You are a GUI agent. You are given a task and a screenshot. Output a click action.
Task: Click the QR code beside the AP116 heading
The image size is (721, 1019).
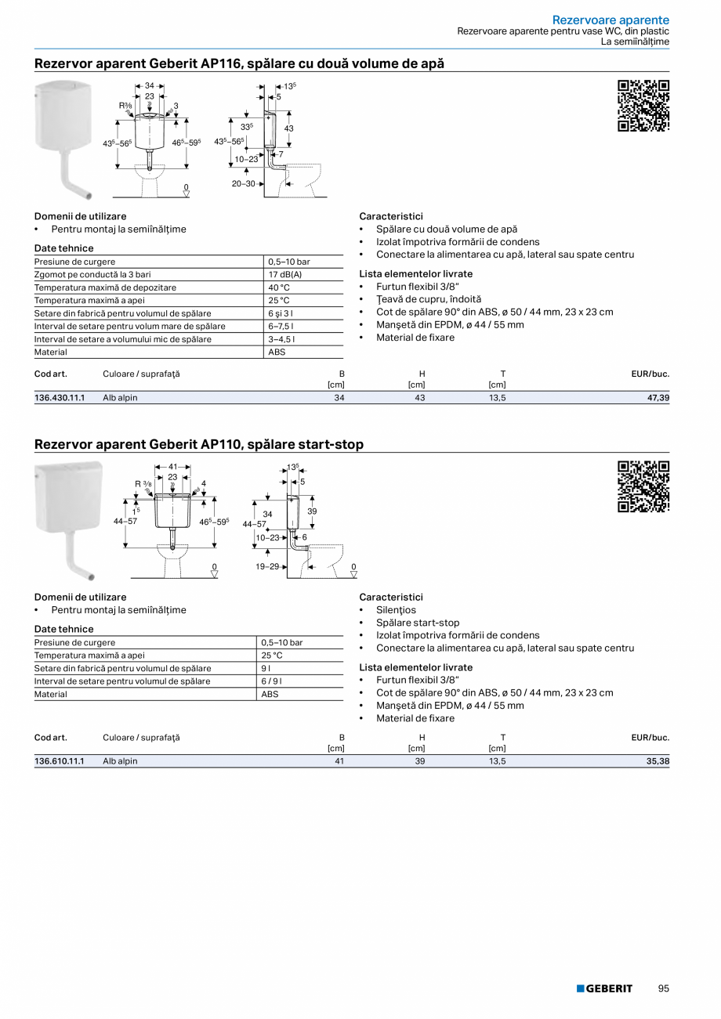(x=643, y=106)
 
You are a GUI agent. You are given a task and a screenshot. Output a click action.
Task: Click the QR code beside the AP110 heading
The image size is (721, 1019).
(x=643, y=486)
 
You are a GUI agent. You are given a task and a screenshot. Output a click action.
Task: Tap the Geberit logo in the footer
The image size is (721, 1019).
(x=604, y=988)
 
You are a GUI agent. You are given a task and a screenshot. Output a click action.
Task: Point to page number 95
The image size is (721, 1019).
(x=664, y=988)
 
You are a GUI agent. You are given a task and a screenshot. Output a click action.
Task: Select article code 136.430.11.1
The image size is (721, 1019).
(x=60, y=398)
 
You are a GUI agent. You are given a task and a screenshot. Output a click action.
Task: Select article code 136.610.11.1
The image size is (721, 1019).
(x=60, y=761)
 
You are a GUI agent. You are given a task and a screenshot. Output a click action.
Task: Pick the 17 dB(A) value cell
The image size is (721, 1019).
(x=285, y=275)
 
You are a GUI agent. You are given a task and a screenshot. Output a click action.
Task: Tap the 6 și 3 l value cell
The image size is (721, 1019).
(x=281, y=313)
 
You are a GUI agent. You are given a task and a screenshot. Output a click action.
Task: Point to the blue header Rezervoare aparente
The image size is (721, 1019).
(x=610, y=20)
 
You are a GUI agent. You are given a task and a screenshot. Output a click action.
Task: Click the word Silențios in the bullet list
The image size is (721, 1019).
(x=396, y=610)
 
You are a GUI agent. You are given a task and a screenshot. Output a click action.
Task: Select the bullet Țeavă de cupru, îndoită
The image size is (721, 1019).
(x=417, y=299)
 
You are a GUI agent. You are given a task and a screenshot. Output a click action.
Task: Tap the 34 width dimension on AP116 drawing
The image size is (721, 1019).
(x=149, y=85)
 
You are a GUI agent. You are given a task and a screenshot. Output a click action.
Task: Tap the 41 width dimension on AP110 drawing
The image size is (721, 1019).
(x=172, y=466)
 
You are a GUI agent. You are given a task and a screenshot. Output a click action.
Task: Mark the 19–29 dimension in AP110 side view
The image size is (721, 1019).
(x=267, y=566)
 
